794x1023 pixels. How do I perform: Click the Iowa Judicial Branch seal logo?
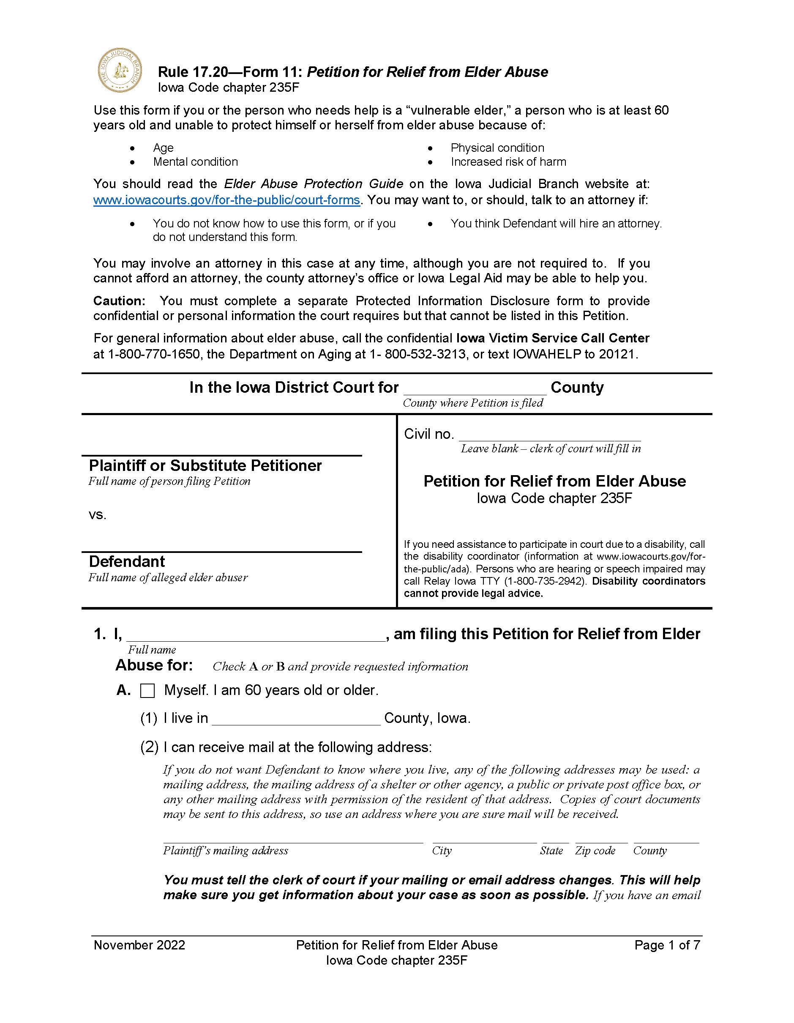pyautogui.click(x=120, y=70)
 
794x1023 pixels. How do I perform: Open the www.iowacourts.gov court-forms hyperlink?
pyautogui.click(x=226, y=200)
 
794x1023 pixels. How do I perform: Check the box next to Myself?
pyautogui.click(x=147, y=691)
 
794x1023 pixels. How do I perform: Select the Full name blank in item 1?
pyautogui.click(x=256, y=636)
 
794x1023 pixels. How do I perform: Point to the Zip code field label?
pyautogui.click(x=595, y=851)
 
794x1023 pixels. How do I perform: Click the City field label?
pyautogui.click(x=442, y=851)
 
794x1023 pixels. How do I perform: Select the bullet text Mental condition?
pyautogui.click(x=195, y=162)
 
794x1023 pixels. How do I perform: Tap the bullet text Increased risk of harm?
pyautogui.click(x=508, y=162)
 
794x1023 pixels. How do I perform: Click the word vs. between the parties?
pyautogui.click(x=97, y=515)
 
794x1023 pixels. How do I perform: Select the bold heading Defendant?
pyautogui.click(x=127, y=562)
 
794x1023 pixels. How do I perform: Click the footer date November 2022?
pyautogui.click(x=139, y=945)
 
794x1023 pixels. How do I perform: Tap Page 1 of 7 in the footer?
pyautogui.click(x=667, y=945)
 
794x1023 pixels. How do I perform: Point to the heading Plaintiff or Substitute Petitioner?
pyautogui.click(x=205, y=465)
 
